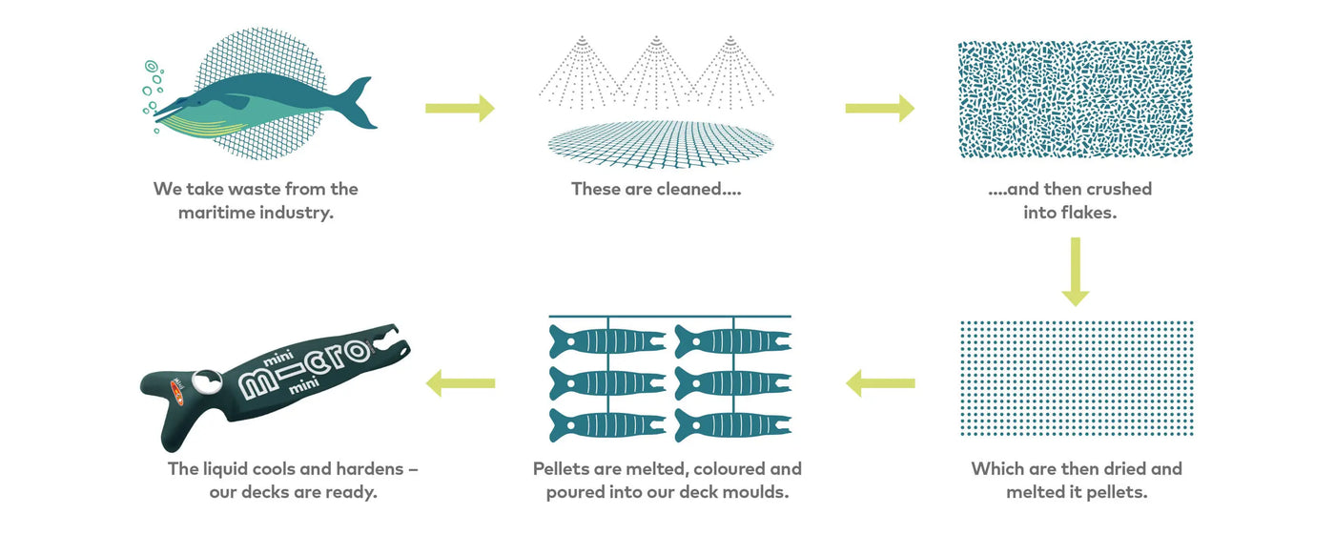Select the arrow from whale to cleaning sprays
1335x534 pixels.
click(460, 108)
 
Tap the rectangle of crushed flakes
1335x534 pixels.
click(1076, 99)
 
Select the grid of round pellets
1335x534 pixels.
click(1076, 379)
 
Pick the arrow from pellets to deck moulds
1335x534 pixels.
click(880, 383)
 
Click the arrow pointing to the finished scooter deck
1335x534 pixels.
click(461, 383)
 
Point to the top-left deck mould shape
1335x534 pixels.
click(606, 340)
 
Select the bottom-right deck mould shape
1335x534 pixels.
click(732, 424)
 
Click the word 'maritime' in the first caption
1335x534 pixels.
click(220, 213)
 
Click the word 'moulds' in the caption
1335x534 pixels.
click(755, 492)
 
